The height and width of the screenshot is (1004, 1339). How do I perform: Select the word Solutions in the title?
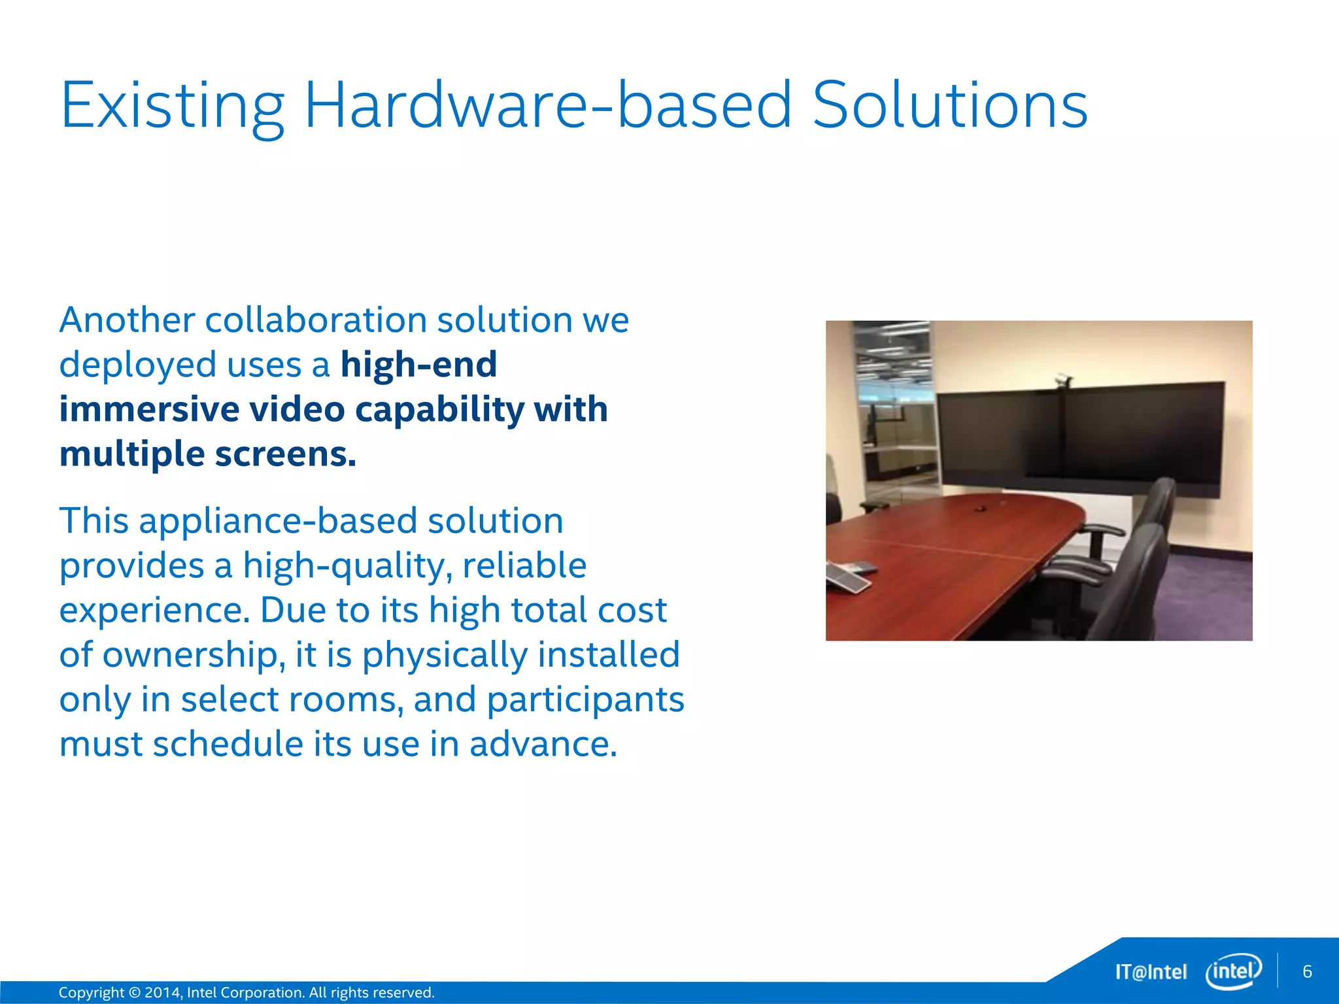949,105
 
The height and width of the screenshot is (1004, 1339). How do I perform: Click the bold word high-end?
418,364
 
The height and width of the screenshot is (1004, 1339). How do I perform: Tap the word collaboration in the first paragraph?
316,320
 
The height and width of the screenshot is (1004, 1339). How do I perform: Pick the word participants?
585,699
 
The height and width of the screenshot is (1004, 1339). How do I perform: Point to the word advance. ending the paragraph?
543,744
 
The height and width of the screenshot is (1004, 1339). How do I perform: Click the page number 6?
1307,971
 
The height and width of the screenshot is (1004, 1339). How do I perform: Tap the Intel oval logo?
1233,971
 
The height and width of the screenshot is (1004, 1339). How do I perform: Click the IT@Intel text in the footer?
1151,972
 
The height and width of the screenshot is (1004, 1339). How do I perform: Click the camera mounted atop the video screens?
1064,378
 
